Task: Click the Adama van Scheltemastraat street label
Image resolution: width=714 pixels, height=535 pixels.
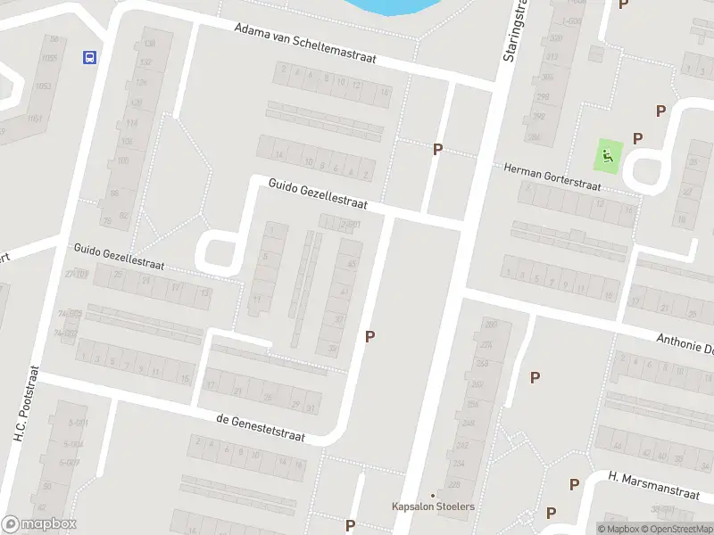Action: click(304, 43)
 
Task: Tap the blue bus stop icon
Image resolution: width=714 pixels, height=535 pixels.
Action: click(89, 58)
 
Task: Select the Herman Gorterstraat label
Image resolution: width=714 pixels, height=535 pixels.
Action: click(552, 176)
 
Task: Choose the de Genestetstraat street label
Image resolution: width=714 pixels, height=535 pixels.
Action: click(261, 428)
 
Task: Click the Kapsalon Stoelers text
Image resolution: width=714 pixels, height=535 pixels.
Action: click(433, 506)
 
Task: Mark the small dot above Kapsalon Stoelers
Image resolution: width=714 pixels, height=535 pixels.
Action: click(433, 495)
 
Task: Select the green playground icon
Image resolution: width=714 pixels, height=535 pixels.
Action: click(608, 157)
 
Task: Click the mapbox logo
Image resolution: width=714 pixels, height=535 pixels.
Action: click(39, 524)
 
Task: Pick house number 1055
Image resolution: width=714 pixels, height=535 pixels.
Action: click(48, 58)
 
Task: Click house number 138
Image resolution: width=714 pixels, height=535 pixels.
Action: click(148, 44)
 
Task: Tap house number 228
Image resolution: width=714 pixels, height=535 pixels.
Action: click(453, 485)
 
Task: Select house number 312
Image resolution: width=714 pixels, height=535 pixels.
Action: click(553, 57)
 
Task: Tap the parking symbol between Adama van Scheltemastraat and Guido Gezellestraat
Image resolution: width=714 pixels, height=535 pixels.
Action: click(437, 149)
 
